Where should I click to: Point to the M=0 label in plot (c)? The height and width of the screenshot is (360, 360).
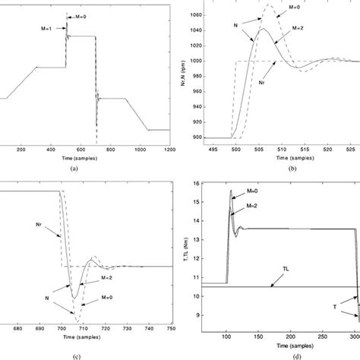[118, 279]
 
